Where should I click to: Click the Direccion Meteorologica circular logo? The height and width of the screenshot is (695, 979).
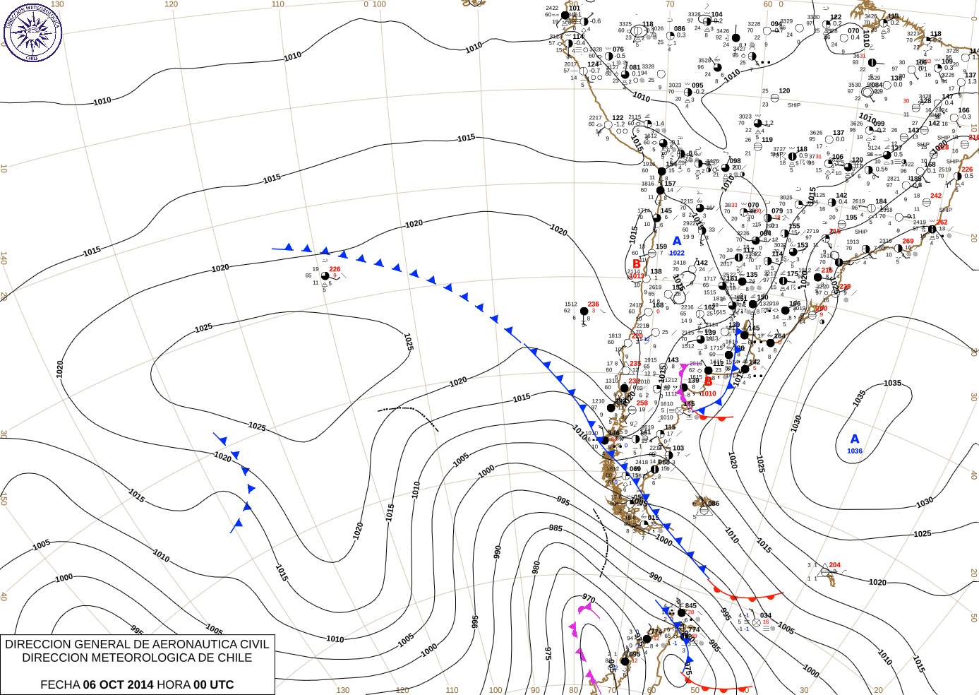coord(32,32)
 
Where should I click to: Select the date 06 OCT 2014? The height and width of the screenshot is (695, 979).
coord(118,684)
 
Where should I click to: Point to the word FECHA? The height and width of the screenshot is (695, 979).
coord(60,684)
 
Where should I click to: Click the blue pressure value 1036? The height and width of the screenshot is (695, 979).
coord(855,451)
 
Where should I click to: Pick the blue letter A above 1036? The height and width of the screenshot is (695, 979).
coord(855,439)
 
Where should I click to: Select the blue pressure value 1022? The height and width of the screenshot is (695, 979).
coord(677,253)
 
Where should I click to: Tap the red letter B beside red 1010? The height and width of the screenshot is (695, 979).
coord(709,382)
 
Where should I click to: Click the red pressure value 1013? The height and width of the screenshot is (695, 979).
coord(637,276)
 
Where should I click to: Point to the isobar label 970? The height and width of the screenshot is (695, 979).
coord(589,599)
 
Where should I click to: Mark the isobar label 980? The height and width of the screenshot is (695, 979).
coord(536,567)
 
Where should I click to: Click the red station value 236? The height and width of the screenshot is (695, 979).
coord(594,304)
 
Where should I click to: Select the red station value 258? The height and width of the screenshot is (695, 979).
coord(642,403)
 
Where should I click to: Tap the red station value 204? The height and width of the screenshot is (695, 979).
coord(835,565)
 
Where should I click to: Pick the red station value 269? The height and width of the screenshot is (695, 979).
coord(908,241)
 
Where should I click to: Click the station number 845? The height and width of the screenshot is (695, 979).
coord(691,605)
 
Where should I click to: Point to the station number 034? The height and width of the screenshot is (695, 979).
coord(766,616)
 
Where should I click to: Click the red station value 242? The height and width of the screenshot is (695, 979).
coord(936,196)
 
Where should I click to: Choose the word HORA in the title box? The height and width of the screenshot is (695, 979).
coord(173,684)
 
